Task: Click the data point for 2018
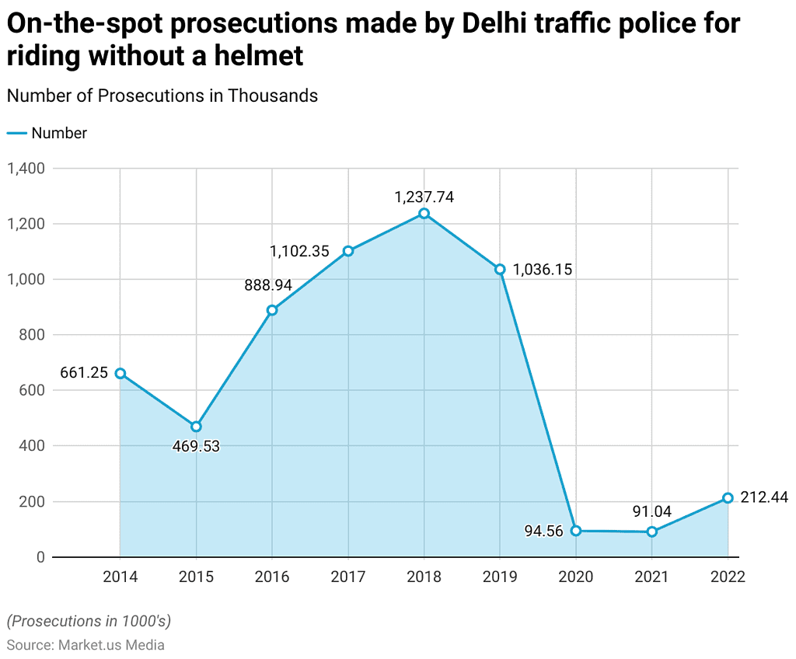pyautogui.click(x=424, y=214)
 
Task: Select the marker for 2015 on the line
pyautogui.click(x=196, y=427)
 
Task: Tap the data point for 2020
pyautogui.click(x=576, y=531)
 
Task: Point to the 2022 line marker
pyautogui.click(x=728, y=498)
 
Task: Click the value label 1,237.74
pyautogui.click(x=424, y=197)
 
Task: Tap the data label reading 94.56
pyautogui.click(x=543, y=532)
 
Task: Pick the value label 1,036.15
pyautogui.click(x=543, y=270)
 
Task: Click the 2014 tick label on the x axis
pyautogui.click(x=120, y=577)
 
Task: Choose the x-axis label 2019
pyautogui.click(x=500, y=577)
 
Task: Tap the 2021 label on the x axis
pyautogui.click(x=651, y=577)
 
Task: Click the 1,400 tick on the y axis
pyautogui.click(x=26, y=169)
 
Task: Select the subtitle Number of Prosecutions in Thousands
pyautogui.click(x=162, y=96)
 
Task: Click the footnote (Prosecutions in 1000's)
pyautogui.click(x=89, y=621)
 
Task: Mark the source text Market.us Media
pyautogui.click(x=110, y=644)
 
